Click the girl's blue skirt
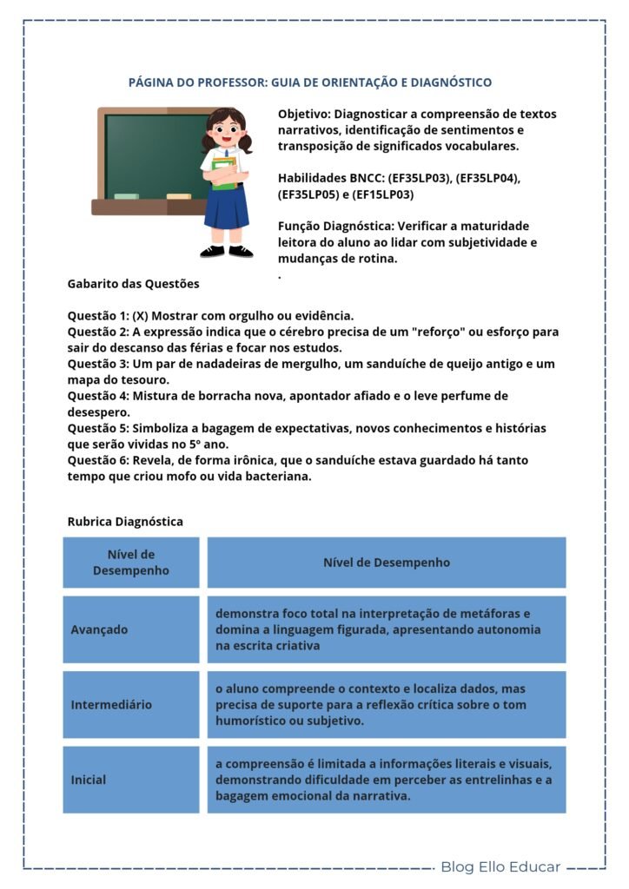coord(226,207)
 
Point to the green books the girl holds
coord(223,172)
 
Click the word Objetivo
coord(303,115)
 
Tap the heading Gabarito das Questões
coord(133,284)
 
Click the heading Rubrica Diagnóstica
coord(125,522)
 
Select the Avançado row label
coord(99,629)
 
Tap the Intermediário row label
coord(111,704)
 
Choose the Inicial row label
coord(89,780)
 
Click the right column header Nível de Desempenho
coord(387,563)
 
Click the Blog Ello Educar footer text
coord(500,866)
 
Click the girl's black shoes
coord(226,252)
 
